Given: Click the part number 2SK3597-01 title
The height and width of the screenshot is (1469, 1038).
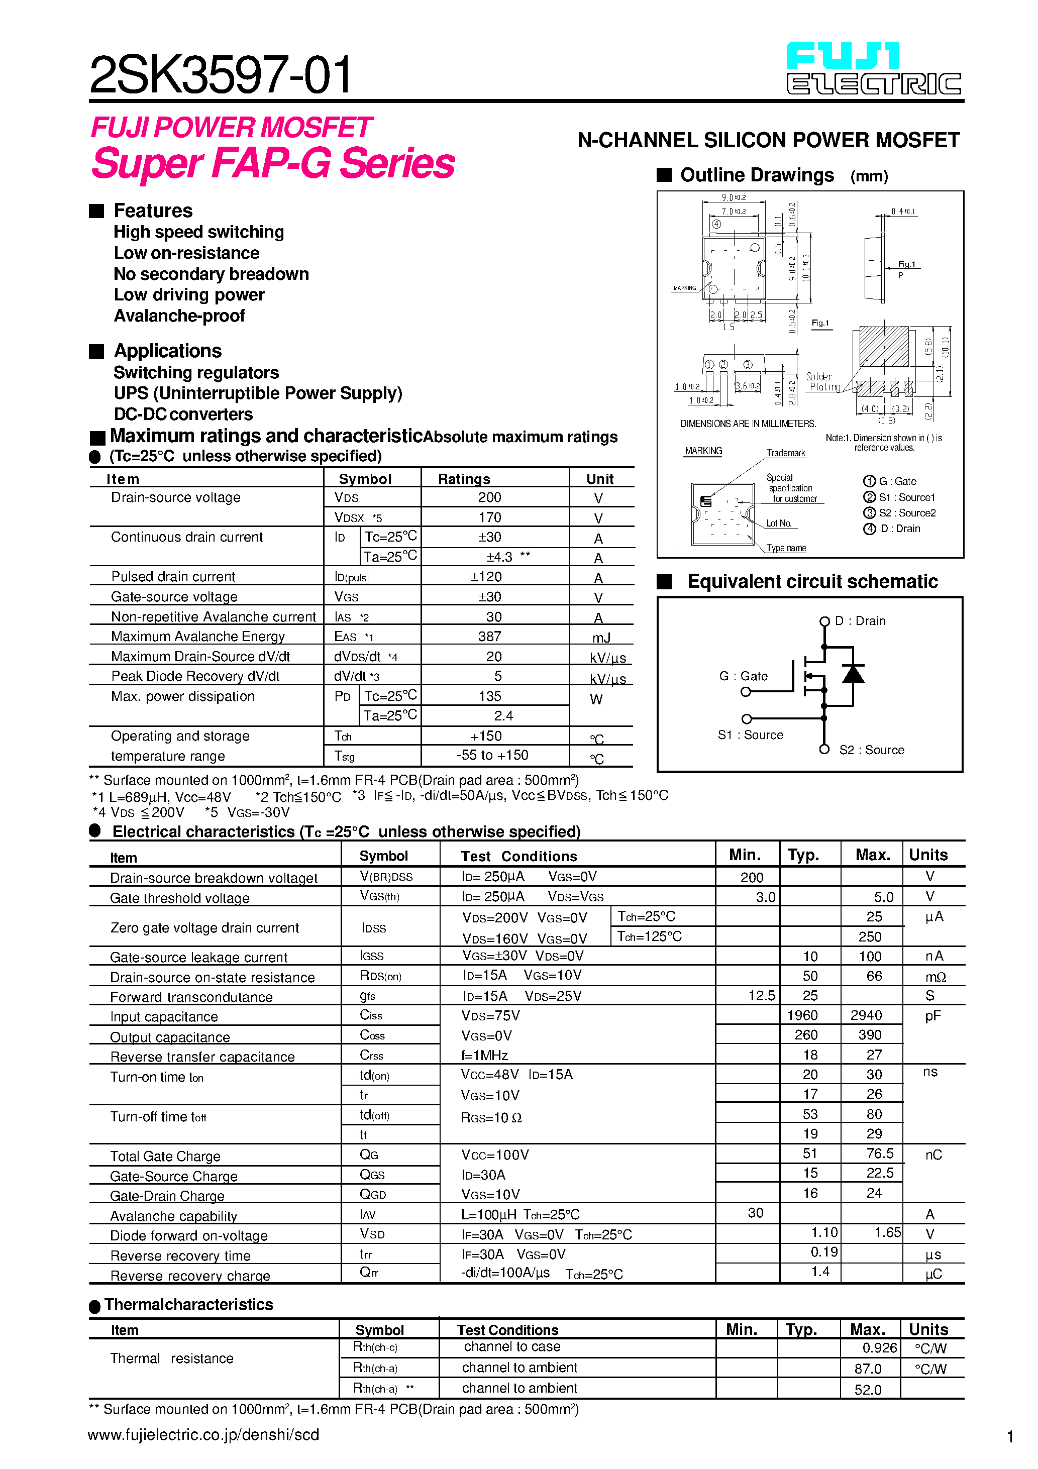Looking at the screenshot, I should tap(220, 75).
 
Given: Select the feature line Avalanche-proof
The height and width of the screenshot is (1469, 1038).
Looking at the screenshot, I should tap(179, 316).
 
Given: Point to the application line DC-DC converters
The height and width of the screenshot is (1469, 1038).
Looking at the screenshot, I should tap(183, 414).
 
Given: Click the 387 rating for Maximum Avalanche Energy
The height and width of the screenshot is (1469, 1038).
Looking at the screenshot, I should tap(489, 637).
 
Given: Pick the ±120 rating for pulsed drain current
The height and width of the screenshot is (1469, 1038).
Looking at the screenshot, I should tap(486, 576).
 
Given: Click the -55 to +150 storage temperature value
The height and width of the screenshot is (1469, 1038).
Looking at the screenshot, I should tap(492, 755).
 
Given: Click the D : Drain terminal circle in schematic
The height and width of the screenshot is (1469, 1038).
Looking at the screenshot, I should tap(824, 621).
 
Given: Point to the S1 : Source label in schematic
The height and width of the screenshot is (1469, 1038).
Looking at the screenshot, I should tap(750, 735).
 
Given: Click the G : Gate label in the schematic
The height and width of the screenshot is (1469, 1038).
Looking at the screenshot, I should tap(743, 676).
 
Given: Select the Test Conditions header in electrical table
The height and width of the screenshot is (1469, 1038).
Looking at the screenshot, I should tap(518, 856).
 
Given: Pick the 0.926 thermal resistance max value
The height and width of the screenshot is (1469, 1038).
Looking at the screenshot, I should tap(879, 1348).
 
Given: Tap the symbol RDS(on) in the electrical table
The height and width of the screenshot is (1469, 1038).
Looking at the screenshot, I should tap(380, 976).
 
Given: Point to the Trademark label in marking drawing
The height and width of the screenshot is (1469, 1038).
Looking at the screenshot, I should tap(786, 453).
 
